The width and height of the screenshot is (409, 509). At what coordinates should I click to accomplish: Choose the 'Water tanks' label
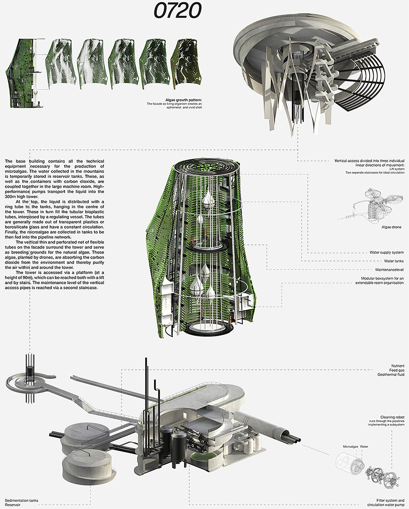pos(394,261)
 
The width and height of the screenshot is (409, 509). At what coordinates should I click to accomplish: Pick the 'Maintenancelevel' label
pos(390,269)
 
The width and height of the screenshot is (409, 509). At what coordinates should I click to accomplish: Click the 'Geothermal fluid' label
pos(391,374)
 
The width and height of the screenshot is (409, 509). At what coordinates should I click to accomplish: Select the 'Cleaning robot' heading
pos(392,417)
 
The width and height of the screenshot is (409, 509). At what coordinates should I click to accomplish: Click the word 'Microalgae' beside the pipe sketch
pos(350,447)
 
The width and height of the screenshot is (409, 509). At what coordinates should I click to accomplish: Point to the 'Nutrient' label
pos(398,366)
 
